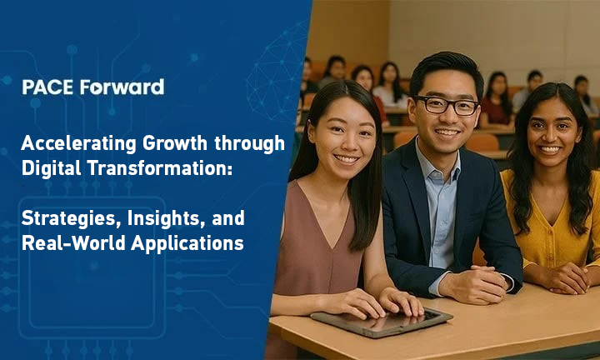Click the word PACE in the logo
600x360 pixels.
[x=42, y=87]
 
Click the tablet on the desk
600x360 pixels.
[x=381, y=321]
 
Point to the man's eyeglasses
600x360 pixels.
[x=447, y=105]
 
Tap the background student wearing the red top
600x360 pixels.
[x=497, y=108]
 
